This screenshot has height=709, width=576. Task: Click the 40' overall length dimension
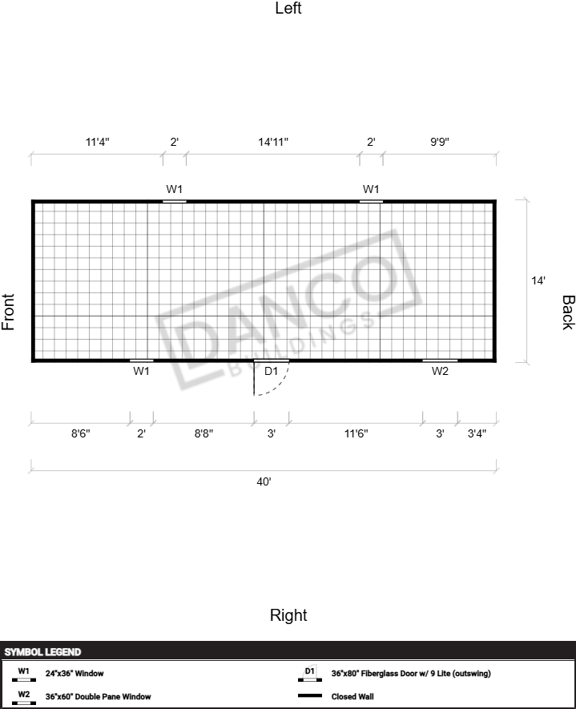pos(264,482)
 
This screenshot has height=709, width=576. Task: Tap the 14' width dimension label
pos(538,281)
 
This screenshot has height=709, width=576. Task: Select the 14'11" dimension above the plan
pos(273,142)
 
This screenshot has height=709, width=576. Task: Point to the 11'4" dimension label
pos(98,142)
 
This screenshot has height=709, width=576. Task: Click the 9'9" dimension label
pos(440,142)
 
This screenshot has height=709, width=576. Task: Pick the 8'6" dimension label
pos(80,433)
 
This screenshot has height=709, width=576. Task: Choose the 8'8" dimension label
pos(204,433)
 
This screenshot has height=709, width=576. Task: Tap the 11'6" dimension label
pos(356,433)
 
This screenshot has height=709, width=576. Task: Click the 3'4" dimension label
pos(477,433)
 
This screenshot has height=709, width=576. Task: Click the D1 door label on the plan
pos(271,371)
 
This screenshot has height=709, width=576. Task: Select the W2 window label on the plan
pos(440,371)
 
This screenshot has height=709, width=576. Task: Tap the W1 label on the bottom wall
pos(141,371)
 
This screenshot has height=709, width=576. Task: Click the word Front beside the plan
pos(8,312)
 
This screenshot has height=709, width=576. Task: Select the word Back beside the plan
pos(568,312)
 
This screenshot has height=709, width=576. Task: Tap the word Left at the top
pos(288,8)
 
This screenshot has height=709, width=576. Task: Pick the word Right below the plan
pos(288,615)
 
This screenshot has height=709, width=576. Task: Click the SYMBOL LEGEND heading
pos(42,652)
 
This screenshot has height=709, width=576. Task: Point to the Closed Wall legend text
pos(352,696)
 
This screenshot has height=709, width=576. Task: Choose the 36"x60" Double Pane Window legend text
pos(98,696)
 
